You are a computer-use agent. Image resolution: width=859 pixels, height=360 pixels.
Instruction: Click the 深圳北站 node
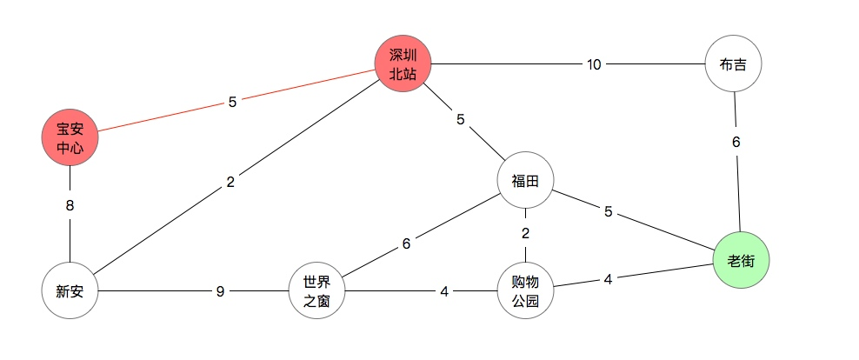pyautogui.click(x=403, y=63)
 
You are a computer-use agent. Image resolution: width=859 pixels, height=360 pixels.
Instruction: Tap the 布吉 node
pyautogui.click(x=734, y=63)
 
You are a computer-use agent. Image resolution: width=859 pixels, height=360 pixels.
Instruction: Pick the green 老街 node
pyautogui.click(x=741, y=259)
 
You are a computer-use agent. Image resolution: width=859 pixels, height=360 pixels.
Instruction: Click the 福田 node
pyautogui.click(x=525, y=181)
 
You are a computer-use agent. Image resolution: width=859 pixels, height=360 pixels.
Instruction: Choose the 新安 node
pyautogui.click(x=70, y=291)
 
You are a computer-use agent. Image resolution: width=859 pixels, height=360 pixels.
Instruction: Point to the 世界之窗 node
pyautogui.click(x=316, y=291)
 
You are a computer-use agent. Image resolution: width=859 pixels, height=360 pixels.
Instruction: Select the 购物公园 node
pyautogui.click(x=525, y=291)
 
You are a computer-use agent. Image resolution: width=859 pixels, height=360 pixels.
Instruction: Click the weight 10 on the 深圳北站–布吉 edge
pyautogui.click(x=594, y=64)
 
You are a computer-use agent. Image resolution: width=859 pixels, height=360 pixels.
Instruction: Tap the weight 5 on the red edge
pyautogui.click(x=232, y=102)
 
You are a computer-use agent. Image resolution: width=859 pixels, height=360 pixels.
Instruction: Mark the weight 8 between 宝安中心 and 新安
pyautogui.click(x=70, y=207)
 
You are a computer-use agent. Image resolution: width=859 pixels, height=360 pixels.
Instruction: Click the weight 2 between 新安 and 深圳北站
pyautogui.click(x=230, y=183)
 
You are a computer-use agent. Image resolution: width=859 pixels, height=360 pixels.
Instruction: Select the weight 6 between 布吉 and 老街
pyautogui.click(x=736, y=143)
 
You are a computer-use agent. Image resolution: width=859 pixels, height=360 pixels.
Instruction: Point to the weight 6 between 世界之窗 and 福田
pyautogui.click(x=406, y=244)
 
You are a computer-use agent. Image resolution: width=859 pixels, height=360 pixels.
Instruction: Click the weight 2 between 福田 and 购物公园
pyautogui.click(x=525, y=233)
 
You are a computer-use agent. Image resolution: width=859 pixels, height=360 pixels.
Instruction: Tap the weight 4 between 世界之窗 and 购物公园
pyautogui.click(x=444, y=292)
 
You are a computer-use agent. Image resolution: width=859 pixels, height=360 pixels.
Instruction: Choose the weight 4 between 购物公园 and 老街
pyautogui.click(x=609, y=280)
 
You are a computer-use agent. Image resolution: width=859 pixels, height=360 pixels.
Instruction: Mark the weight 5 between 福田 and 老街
pyautogui.click(x=609, y=211)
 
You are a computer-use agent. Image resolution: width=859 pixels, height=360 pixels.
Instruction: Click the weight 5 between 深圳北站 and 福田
pyautogui.click(x=461, y=119)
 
